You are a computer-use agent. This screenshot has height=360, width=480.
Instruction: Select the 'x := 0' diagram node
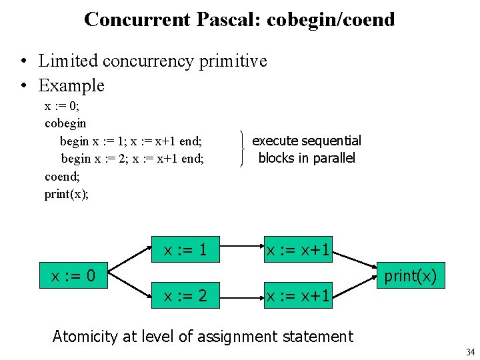tap(73, 275)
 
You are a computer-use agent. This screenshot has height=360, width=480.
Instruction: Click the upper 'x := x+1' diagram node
tap(298, 251)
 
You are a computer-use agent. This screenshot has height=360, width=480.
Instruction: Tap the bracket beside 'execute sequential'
tap(241, 149)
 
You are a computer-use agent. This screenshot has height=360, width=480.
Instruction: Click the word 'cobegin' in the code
tap(65, 123)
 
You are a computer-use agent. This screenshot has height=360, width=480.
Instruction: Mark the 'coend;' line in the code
tap(62, 176)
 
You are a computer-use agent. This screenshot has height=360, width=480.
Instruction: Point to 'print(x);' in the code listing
tap(67, 194)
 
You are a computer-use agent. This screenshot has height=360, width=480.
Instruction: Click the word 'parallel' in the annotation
tap(331, 158)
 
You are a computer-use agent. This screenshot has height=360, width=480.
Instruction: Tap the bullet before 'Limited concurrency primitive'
tap(23, 61)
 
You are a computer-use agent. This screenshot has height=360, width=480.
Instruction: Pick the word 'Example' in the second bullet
tap(71, 85)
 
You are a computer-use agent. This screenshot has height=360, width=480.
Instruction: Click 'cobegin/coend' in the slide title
tap(331, 19)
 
